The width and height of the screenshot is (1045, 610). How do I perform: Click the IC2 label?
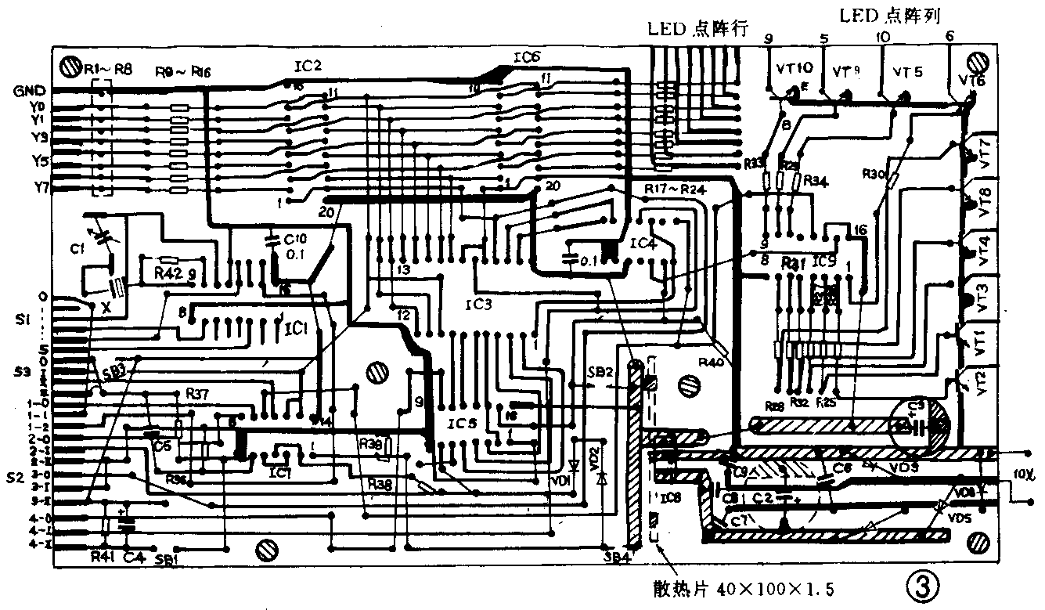(308, 67)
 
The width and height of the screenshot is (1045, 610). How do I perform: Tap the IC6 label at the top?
(527, 57)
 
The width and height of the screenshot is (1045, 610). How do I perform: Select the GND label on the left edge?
(28, 91)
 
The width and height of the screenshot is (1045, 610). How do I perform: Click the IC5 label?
(462, 424)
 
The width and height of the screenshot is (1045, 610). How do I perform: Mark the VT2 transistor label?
(983, 384)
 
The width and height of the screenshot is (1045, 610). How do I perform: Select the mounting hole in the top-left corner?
(70, 63)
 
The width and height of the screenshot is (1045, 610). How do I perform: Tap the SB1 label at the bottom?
(166, 559)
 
